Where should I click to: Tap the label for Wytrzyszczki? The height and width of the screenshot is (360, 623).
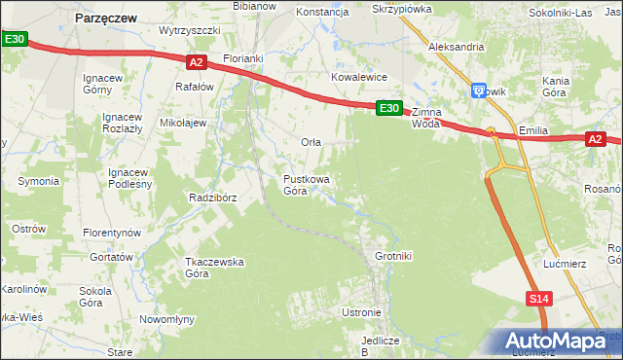[190, 30]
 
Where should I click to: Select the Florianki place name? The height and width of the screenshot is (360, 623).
[243, 58]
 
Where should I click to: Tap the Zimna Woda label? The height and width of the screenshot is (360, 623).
[426, 118]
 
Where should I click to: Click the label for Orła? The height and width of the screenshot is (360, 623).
[311, 142]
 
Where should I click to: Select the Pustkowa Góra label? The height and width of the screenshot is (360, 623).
[306, 185]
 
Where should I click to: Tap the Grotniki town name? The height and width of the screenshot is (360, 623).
[394, 256]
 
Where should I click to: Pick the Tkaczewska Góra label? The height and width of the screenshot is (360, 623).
[214, 268]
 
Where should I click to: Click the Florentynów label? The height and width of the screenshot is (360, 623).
[112, 234]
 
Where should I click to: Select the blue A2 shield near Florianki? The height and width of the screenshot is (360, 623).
[196, 62]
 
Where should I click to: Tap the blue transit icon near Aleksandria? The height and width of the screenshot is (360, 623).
[478, 90]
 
